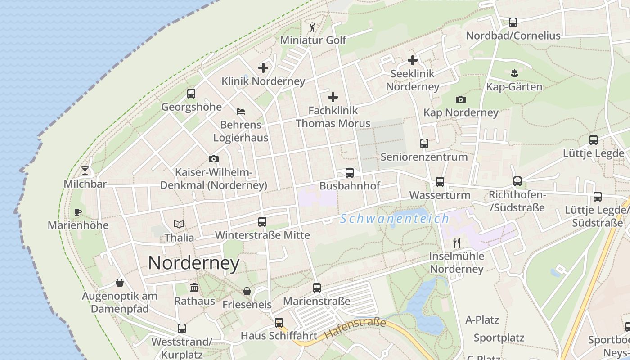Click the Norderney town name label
click(193, 263)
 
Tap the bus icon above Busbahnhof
click(349, 173)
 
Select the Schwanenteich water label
click(395, 219)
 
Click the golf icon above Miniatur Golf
click(312, 27)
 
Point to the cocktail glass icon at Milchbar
click(85, 171)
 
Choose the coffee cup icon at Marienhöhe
click(78, 212)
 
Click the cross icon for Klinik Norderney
click(263, 68)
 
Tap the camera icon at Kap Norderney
click(460, 100)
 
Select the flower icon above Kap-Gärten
click(514, 73)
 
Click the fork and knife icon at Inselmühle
click(457, 243)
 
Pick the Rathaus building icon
click(194, 287)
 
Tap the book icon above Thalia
click(179, 224)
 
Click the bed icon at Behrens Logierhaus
click(241, 111)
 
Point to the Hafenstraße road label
click(355, 328)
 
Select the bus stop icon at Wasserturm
click(440, 182)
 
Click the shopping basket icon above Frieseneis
click(247, 291)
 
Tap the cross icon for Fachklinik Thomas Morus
click(333, 97)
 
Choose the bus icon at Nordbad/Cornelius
click(513, 22)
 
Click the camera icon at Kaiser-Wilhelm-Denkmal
click(214, 159)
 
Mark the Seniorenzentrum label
click(424, 157)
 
